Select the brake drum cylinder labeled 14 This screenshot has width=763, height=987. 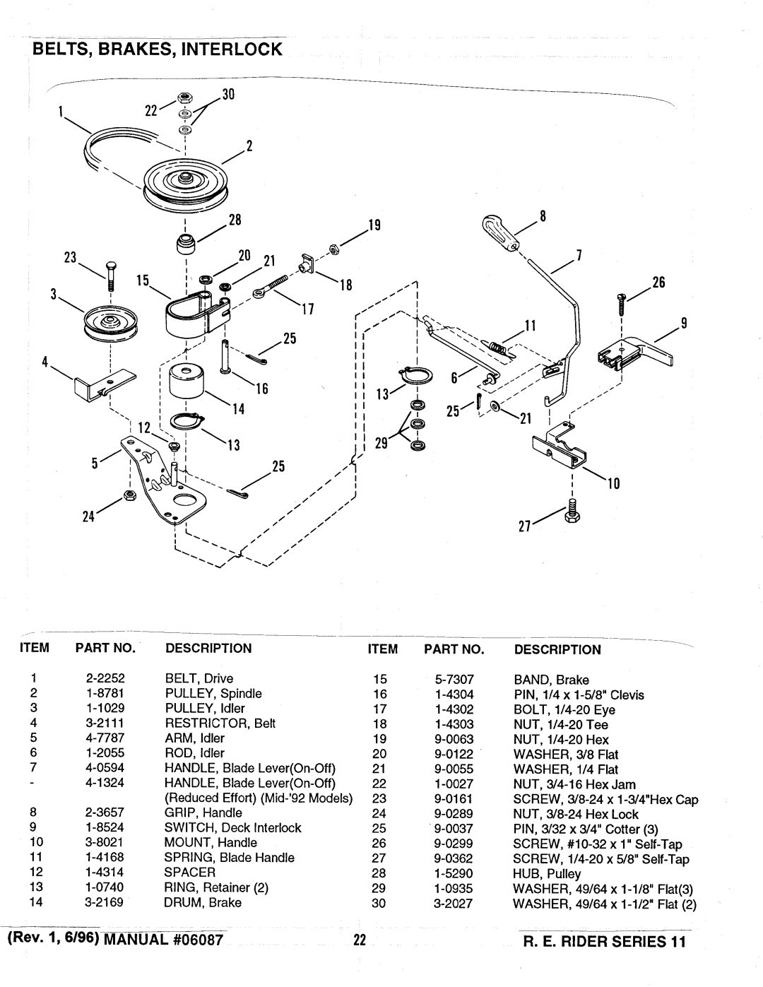point(187,381)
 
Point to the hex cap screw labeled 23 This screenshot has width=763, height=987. point(110,276)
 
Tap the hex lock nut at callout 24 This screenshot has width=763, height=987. point(129,495)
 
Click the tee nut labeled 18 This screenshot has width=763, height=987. point(307,264)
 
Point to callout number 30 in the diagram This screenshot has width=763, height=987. point(228,95)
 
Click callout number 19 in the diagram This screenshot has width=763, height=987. point(374,225)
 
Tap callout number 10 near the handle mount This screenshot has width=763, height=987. point(613,483)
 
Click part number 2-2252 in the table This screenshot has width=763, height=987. point(105,678)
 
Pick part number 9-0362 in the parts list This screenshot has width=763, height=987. point(454,858)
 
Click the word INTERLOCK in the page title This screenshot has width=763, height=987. point(232,49)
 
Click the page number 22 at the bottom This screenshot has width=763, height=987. point(360,940)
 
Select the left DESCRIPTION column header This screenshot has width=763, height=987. point(208,648)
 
